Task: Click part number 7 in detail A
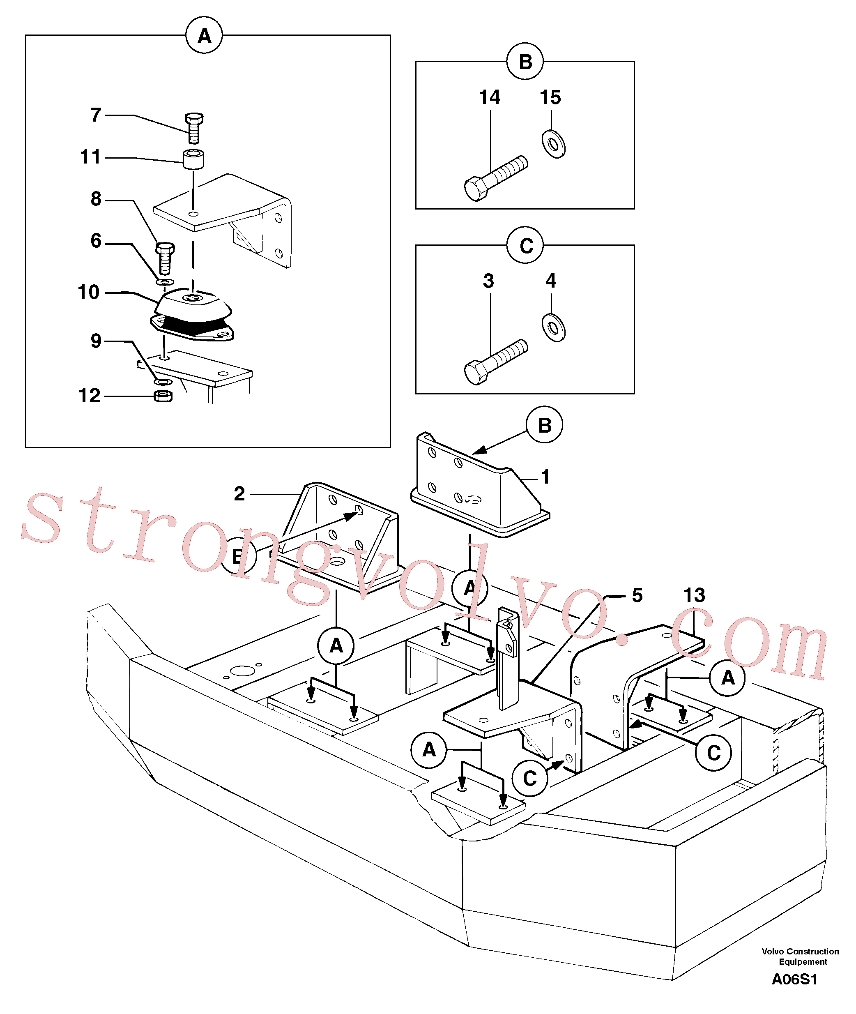[x=96, y=115]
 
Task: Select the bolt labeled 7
[x=194, y=128]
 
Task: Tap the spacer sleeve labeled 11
[x=193, y=160]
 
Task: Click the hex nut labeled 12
[x=163, y=396]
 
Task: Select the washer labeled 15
[x=553, y=144]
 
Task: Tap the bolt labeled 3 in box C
[x=496, y=362]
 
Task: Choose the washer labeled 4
[x=553, y=327]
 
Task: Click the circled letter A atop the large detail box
[x=204, y=35]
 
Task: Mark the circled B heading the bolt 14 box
[x=525, y=61]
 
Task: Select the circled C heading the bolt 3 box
[x=525, y=245]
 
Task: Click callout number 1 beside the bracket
[x=545, y=477]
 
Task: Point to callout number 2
[x=239, y=494]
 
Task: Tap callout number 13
[x=694, y=595]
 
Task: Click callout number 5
[x=637, y=595]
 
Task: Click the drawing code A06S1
[x=794, y=979]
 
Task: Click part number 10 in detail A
[x=89, y=292]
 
